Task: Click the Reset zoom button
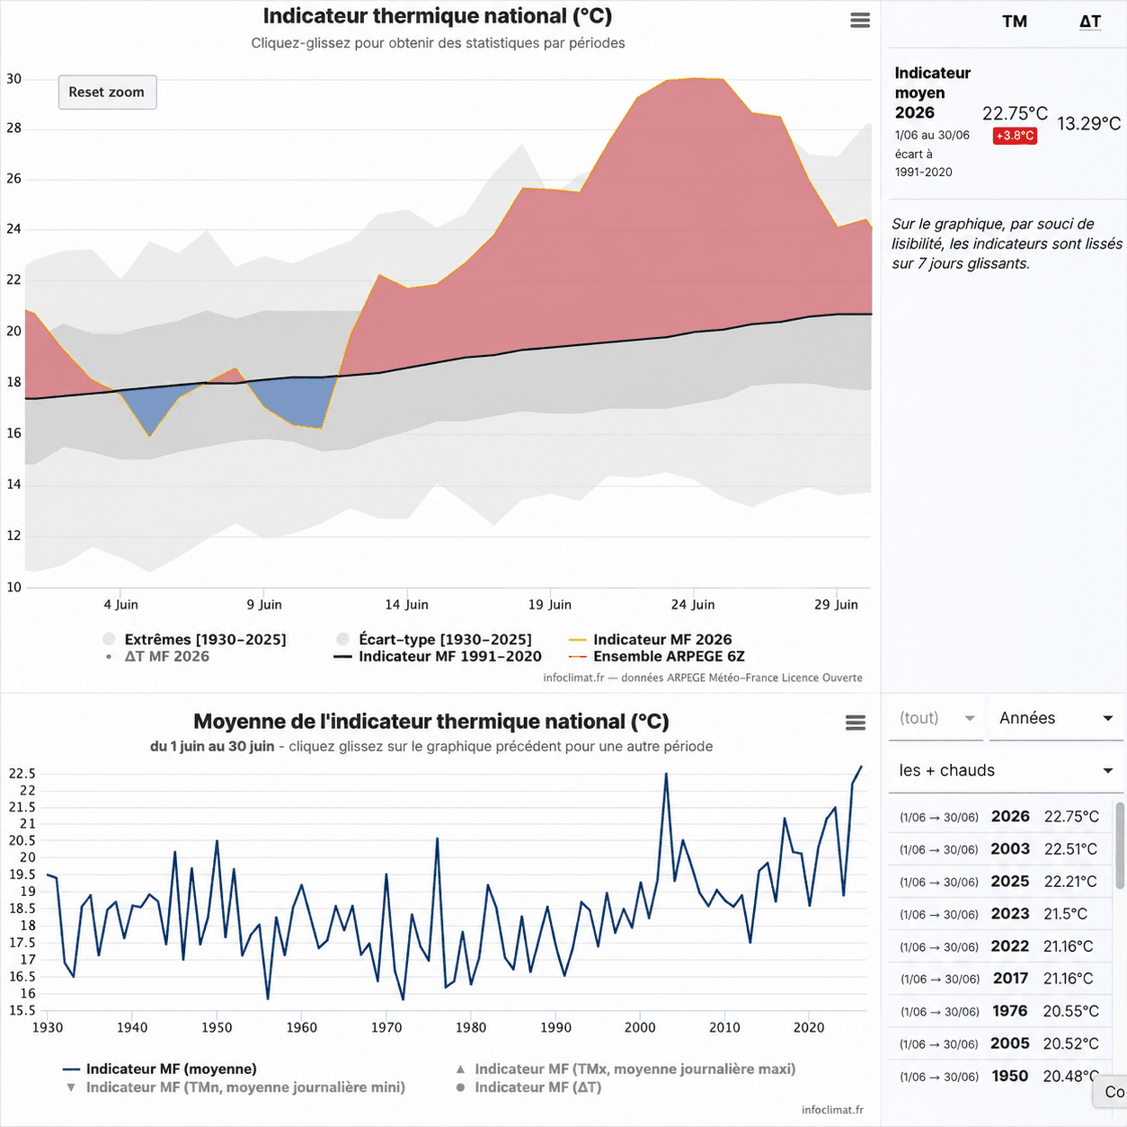(x=107, y=92)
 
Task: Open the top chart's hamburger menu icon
(x=860, y=21)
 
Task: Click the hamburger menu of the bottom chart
(x=855, y=723)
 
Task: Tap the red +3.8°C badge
(x=1015, y=136)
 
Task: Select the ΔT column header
(x=1089, y=22)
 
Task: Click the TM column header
(x=1015, y=22)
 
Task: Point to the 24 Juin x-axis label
(x=693, y=605)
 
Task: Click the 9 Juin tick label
(x=264, y=605)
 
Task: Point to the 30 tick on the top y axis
(x=14, y=79)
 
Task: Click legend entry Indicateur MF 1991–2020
(x=438, y=656)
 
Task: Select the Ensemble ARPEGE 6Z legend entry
(x=657, y=656)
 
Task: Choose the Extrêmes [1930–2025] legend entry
(x=195, y=639)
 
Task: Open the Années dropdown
(x=1056, y=718)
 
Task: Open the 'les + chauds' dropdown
(x=1006, y=770)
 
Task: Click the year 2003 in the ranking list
(x=1010, y=848)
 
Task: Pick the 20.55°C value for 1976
(x=1071, y=1011)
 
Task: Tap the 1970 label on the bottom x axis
(x=386, y=1027)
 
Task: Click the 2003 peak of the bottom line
(x=666, y=775)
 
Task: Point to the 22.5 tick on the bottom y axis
(x=22, y=774)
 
